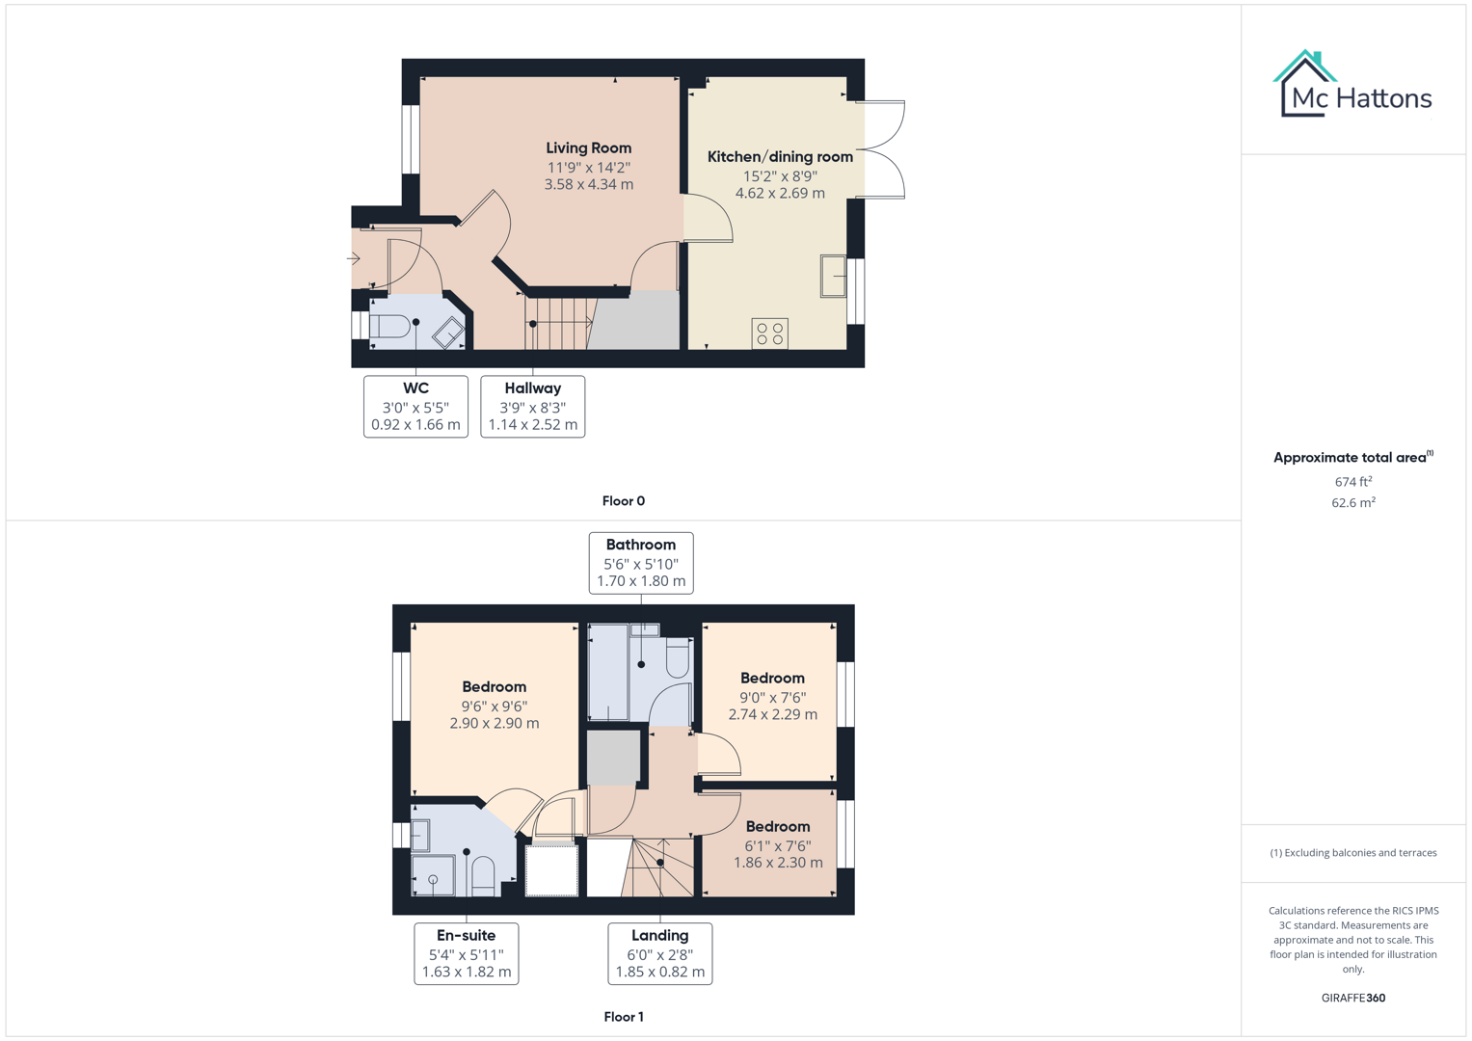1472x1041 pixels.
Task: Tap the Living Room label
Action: coord(588,148)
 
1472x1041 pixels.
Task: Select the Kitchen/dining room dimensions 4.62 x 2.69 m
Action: coord(780,194)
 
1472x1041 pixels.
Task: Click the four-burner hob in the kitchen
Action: coord(770,334)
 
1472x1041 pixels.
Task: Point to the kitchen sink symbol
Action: coord(834,276)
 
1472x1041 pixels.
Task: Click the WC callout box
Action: coord(415,406)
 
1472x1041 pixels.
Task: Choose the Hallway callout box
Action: coord(532,406)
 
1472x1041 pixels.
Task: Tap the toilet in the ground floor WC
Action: coord(389,326)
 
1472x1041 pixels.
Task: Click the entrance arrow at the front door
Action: coord(354,258)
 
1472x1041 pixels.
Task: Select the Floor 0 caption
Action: coord(624,501)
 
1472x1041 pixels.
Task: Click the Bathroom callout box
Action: coord(641,563)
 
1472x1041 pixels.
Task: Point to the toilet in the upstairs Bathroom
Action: coord(678,659)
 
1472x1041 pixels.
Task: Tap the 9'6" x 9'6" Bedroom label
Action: coord(494,687)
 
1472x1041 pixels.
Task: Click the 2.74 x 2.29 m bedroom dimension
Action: coord(772,715)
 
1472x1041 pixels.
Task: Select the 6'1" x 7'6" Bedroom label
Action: coord(777,827)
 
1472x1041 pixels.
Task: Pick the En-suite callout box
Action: coord(467,953)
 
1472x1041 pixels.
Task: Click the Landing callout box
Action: coord(660,953)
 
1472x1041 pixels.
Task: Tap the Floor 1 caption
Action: coord(624,1017)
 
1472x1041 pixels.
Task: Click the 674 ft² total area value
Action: coord(1352,482)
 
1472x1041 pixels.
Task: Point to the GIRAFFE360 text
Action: coord(1352,999)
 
